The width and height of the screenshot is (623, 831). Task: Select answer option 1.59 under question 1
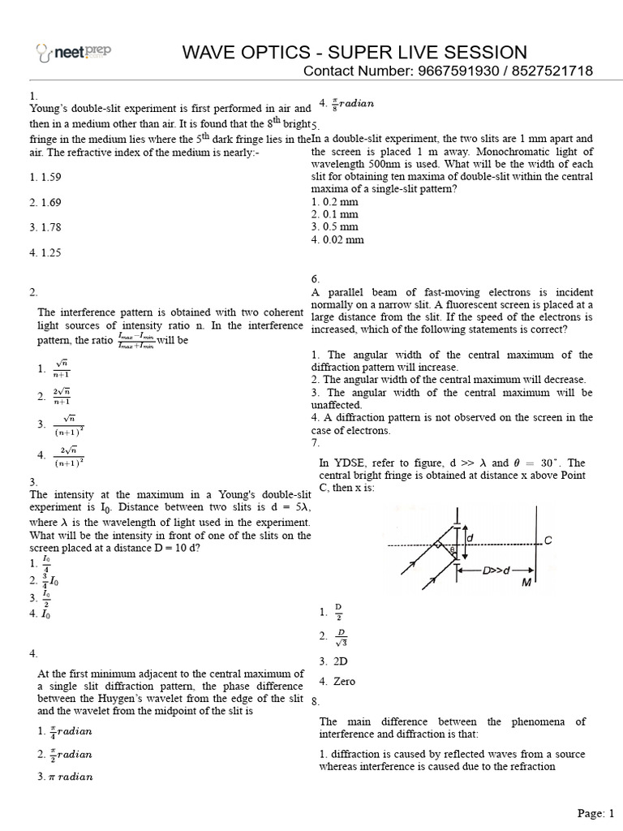pyautogui.click(x=44, y=176)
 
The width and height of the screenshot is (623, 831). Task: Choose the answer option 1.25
pyautogui.click(x=44, y=252)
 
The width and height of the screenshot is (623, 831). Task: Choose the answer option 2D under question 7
pyautogui.click(x=333, y=661)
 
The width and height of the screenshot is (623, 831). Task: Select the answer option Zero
pyautogui.click(x=337, y=682)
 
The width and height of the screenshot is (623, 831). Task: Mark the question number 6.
pyautogui.click(x=316, y=278)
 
